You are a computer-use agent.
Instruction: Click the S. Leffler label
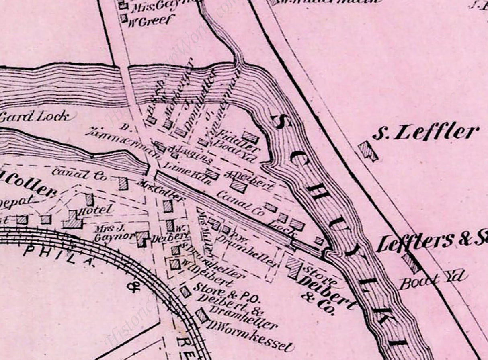[425, 132]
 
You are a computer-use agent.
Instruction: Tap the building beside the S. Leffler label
[368, 151]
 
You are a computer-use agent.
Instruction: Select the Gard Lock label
[37, 117]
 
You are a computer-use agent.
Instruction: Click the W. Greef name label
[152, 20]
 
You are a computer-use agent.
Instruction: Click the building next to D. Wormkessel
[202, 315]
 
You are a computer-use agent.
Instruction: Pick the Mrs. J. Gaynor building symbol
[142, 239]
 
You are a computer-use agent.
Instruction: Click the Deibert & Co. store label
[326, 291]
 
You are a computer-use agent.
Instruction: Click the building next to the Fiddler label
[250, 137]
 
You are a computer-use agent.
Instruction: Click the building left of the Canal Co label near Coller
[123, 183]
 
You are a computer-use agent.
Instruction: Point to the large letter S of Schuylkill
[280, 121]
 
